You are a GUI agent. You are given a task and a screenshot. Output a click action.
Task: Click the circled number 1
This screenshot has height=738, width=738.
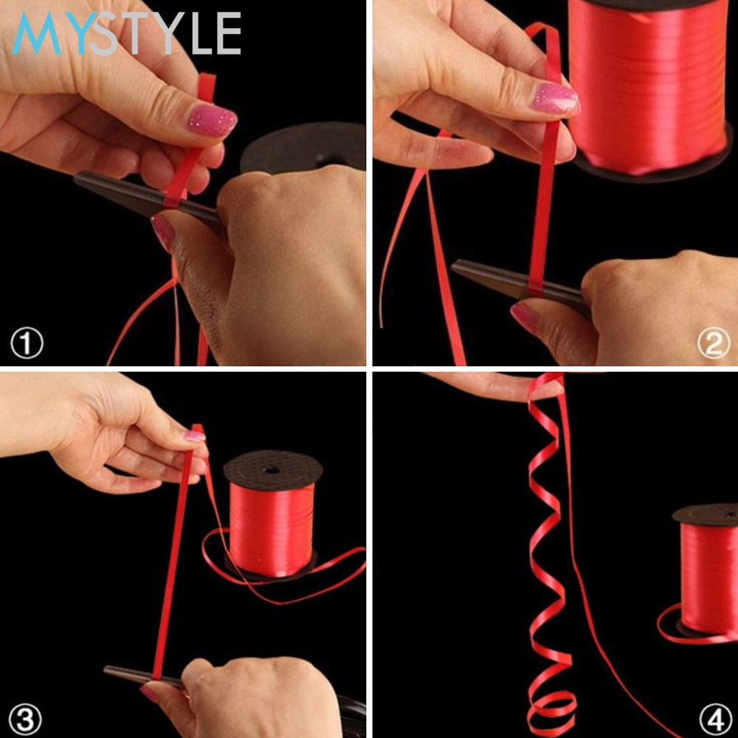click(x=27, y=342)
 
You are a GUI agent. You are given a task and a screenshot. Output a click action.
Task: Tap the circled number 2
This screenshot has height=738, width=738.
click(x=714, y=342)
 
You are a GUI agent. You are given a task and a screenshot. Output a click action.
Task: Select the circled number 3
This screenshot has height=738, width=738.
click(x=25, y=719)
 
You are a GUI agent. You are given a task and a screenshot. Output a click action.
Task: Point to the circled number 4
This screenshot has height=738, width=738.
click(x=715, y=719)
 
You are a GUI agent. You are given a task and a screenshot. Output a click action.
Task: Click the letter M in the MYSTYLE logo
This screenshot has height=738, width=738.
click(x=37, y=33)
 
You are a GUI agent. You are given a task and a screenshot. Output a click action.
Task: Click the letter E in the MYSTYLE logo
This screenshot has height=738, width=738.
click(x=229, y=33)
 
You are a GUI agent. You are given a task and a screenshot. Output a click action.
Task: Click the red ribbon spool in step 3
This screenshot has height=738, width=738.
click(x=272, y=514)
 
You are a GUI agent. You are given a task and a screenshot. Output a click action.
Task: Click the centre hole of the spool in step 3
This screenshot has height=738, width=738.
click(x=272, y=469)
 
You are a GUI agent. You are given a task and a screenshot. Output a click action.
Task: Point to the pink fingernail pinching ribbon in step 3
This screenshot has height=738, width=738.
click(x=194, y=436)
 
